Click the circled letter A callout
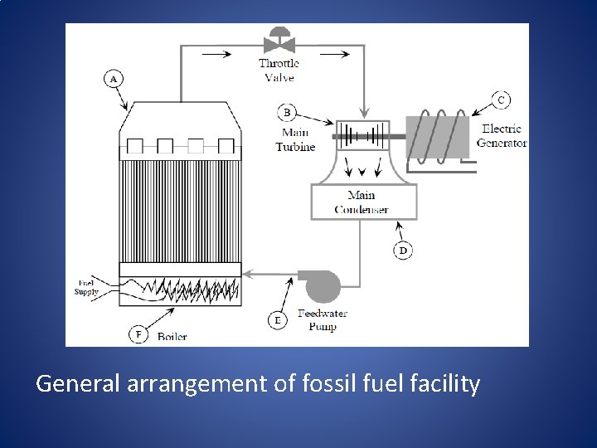tap(114, 79)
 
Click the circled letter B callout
tap(287, 112)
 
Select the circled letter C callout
tap(500, 100)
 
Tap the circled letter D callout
tap(403, 250)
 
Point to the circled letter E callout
tap(278, 319)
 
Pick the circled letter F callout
tap(138, 334)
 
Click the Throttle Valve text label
tap(279, 71)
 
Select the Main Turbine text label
tap(296, 139)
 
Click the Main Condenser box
tap(362, 202)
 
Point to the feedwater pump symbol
tap(323, 285)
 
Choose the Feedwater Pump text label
tap(323, 319)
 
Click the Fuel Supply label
tap(86, 288)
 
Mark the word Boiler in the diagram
tap(172, 336)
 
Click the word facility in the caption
tap(449, 384)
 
